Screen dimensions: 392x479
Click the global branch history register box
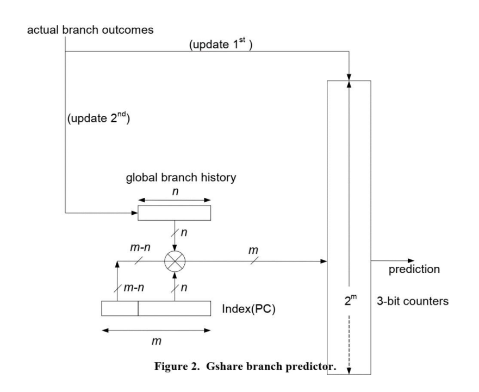pos(174,213)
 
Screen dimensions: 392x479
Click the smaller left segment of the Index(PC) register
pos(120,308)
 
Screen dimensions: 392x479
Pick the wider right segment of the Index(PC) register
pos(174,308)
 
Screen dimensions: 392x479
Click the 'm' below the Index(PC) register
pos(156,341)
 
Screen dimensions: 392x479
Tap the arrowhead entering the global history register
pos(134,213)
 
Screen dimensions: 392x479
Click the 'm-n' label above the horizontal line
pos(137,248)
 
